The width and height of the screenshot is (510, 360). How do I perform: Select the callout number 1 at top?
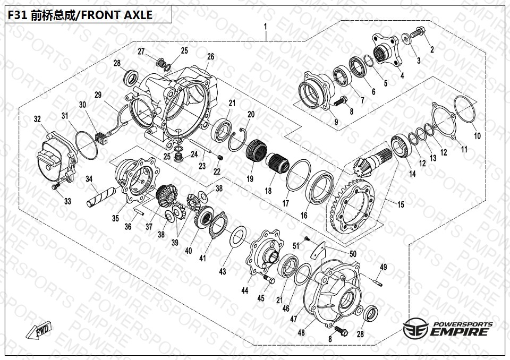(266, 27)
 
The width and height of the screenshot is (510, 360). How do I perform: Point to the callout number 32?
(37, 119)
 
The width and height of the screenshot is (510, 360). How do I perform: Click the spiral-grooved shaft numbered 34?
(100, 196)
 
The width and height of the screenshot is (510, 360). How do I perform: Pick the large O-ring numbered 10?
(464, 110)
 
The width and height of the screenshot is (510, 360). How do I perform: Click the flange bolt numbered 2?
(418, 32)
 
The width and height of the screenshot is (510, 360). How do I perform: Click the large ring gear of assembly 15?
(353, 206)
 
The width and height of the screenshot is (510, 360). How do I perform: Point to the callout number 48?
(301, 333)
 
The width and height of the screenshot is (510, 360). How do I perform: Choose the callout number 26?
(211, 57)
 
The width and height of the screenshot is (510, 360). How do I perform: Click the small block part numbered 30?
(102, 139)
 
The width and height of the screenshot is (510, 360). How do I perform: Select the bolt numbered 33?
(56, 186)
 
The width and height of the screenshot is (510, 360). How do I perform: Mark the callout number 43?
(223, 271)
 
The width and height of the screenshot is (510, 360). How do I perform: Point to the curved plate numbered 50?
(318, 250)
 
